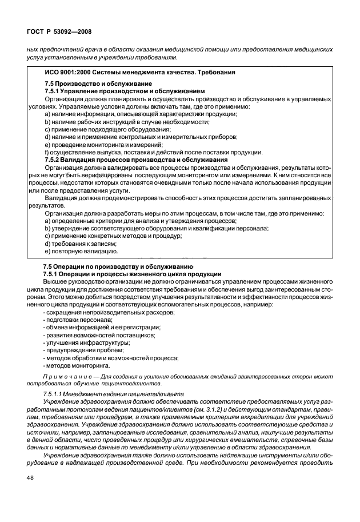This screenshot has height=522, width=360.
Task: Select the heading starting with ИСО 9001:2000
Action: [139, 72]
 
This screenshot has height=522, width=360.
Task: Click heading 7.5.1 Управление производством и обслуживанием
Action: [124, 91]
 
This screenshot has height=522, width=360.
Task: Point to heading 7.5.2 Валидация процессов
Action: [136, 160]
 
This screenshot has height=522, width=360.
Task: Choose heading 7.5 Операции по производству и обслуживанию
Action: [118, 266]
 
